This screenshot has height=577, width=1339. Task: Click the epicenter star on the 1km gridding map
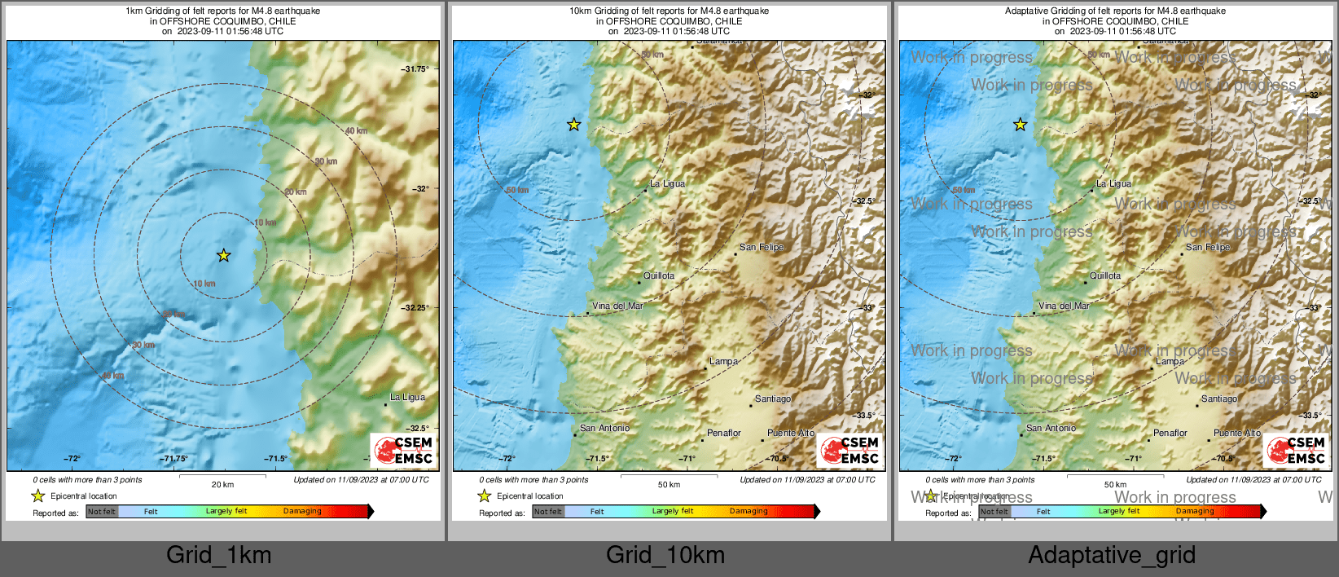pos(223,255)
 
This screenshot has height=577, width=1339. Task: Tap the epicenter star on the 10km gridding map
pos(573,125)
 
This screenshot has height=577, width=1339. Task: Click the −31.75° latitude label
pos(415,69)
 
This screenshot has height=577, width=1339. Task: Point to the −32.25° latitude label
pos(415,308)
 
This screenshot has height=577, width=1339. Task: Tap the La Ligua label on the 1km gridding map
pos(407,398)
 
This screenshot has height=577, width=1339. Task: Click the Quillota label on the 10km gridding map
pos(659,276)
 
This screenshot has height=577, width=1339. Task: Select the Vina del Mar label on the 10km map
pos(617,306)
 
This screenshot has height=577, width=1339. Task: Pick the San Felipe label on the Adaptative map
pos(1208,247)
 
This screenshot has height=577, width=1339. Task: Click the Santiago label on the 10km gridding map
pos(772,399)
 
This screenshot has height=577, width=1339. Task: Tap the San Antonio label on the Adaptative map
pos(1051,429)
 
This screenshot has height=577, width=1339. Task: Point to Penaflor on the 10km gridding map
pos(723,434)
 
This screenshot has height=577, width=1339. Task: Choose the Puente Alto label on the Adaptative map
pos(1237,434)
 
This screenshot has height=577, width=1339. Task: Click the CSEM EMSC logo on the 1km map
pos(403,451)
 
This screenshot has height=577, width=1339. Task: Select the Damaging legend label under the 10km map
pos(749,512)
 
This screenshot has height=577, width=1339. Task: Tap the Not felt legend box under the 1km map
pos(102,512)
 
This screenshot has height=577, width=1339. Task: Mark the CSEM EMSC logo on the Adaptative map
pos(1296,451)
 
